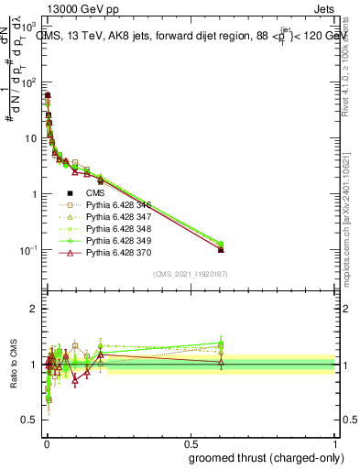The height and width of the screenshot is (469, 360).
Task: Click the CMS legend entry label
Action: (96, 192)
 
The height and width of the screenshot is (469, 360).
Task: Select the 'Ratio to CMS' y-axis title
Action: (12, 365)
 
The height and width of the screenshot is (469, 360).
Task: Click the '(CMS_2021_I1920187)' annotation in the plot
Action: (190, 273)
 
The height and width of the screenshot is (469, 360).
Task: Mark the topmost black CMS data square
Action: (48, 95)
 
